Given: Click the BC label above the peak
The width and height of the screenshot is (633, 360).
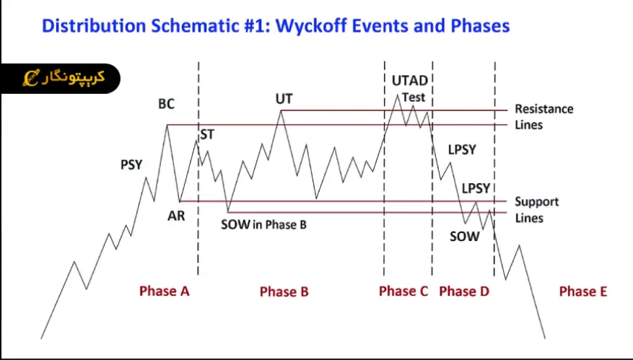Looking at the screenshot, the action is (166, 104).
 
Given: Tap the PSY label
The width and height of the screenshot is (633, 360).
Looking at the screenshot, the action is (131, 164).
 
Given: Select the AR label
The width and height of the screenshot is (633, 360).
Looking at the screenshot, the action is (176, 216).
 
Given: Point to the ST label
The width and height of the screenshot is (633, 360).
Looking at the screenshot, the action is (207, 134).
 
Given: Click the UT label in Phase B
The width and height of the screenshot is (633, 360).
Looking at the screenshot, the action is (284, 98).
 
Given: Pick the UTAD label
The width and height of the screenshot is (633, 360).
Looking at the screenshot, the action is (410, 81).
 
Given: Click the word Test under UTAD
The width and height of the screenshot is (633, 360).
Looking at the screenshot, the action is (414, 97).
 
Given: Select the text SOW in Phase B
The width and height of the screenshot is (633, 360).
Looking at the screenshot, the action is (263, 224).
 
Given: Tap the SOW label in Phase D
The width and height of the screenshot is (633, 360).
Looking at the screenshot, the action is (464, 236).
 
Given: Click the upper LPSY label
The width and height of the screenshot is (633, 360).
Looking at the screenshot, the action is (462, 150).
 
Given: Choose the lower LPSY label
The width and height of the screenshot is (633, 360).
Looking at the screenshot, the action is (476, 188).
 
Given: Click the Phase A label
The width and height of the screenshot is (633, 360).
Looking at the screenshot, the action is (165, 291).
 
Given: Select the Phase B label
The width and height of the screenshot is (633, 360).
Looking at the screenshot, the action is (284, 291).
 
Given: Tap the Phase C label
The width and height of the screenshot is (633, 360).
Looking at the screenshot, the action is (403, 291).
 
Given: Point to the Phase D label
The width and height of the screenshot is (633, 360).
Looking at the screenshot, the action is (464, 291).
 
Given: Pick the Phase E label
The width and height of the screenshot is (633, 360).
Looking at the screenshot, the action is (583, 291).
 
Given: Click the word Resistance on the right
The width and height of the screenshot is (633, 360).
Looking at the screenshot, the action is (544, 109).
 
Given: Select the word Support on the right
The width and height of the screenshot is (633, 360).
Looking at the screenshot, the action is (537, 202).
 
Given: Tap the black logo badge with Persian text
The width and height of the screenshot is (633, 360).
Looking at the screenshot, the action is (61, 79).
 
